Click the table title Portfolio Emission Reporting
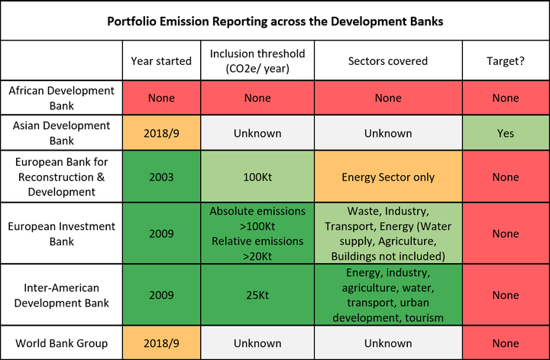click(274, 21)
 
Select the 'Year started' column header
click(160, 60)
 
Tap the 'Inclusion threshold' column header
click(257, 60)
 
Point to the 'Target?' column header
click(505, 60)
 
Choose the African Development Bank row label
click(60, 98)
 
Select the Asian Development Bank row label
click(60, 133)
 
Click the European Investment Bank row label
click(60, 234)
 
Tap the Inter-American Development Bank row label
click(60, 295)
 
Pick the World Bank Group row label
click(60, 343)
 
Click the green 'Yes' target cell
click(505, 133)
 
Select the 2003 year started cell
click(160, 177)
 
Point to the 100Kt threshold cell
click(257, 177)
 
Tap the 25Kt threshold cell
click(257, 295)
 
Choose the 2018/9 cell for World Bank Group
click(160, 343)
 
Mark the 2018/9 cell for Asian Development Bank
click(160, 133)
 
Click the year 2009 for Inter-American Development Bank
click(160, 295)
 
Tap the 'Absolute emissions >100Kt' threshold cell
click(257, 234)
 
